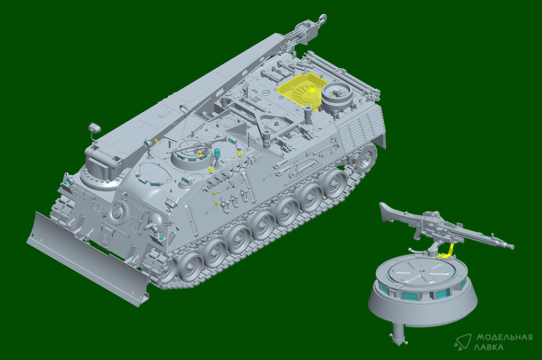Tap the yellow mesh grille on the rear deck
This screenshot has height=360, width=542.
(301, 89)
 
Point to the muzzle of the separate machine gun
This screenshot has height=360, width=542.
(511, 247)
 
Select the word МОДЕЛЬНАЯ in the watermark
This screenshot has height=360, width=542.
(504, 337)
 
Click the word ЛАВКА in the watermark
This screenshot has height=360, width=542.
(490, 347)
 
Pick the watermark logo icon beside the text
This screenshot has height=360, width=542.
(463, 342)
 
